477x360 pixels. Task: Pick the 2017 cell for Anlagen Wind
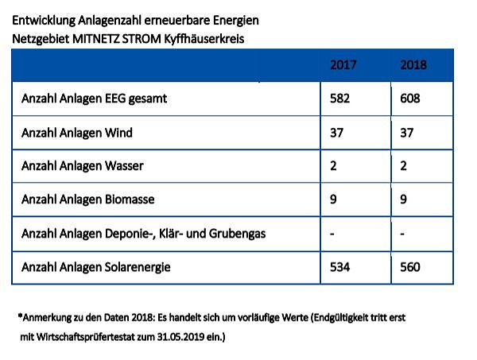click(x=336, y=133)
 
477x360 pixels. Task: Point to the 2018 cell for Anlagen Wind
click(x=408, y=133)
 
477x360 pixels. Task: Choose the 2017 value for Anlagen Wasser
click(x=333, y=166)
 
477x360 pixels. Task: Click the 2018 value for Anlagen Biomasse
click(x=404, y=199)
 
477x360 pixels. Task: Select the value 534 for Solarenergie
click(x=340, y=267)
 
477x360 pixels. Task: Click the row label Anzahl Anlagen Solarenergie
click(x=96, y=267)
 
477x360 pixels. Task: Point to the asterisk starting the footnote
click(x=19, y=315)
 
